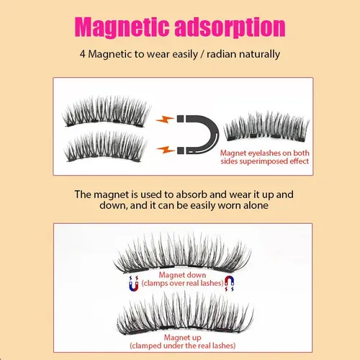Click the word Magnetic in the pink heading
point(122,27)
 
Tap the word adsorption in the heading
point(230,27)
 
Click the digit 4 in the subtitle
point(83,54)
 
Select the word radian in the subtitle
point(221,54)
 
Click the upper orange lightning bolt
point(165,119)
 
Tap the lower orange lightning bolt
point(166,150)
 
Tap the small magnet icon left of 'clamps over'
point(134,284)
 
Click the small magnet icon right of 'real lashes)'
point(229,284)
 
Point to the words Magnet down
point(182,275)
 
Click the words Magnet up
point(183,338)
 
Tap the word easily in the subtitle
point(185,55)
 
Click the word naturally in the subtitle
point(259,55)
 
